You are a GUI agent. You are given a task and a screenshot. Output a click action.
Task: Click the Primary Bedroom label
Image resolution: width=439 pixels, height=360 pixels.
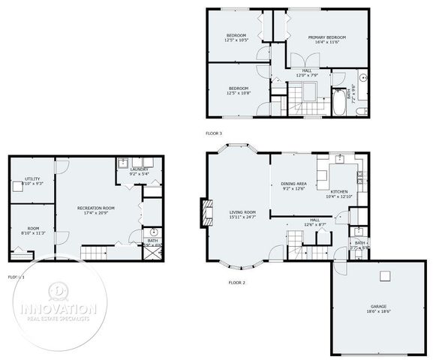pyautogui.click(x=326, y=37)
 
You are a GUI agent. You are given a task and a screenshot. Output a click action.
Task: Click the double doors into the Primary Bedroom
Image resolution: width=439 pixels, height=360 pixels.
pyautogui.click(x=299, y=61)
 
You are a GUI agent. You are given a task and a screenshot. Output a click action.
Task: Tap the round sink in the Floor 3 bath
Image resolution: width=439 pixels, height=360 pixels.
pyautogui.click(x=362, y=78)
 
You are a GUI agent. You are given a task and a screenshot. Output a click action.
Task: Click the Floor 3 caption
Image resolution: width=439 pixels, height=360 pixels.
pyautogui.click(x=214, y=133)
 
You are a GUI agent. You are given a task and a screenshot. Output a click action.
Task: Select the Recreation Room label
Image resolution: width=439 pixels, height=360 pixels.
pyautogui.click(x=95, y=208)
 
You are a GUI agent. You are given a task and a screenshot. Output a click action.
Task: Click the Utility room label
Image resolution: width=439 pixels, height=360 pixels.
pyautogui.click(x=22, y=178)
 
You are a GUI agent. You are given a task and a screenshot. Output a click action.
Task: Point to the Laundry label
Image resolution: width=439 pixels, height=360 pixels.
pyautogui.click(x=139, y=169)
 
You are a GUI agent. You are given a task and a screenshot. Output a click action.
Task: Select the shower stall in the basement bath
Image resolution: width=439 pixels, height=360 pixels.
pyautogui.click(x=153, y=251)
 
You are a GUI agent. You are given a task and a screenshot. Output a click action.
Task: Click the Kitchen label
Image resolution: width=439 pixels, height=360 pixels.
pyautogui.click(x=338, y=192)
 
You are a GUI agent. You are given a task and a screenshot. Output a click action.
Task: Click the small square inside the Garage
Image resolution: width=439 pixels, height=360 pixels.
pyautogui.click(x=385, y=276)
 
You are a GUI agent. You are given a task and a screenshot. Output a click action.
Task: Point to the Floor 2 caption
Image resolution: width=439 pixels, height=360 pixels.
pyautogui.click(x=237, y=283)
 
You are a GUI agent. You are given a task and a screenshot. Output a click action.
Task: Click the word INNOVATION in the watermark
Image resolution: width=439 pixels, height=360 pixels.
pyautogui.click(x=58, y=308)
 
